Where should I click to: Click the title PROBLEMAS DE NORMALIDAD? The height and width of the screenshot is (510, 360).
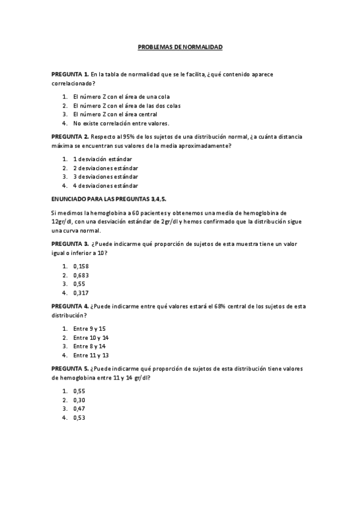180,46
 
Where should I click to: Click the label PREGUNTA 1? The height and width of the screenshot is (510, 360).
70,73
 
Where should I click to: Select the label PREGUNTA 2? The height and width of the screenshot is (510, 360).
70,137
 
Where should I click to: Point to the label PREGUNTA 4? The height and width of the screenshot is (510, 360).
70,306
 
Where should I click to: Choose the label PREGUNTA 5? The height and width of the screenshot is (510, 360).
70,369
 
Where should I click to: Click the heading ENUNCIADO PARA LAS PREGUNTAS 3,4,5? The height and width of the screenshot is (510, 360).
112,198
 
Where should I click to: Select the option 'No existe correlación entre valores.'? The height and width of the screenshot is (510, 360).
112,123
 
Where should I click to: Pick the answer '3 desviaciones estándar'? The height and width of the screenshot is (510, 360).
105,177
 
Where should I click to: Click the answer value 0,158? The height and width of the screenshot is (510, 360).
81,266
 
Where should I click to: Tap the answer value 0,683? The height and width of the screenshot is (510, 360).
81,275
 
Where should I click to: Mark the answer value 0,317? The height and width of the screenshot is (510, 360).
81,293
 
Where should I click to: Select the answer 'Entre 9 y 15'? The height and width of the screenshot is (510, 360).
89,328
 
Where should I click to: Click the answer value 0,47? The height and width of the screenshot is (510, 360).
79,409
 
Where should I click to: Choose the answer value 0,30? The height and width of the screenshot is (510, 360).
79,400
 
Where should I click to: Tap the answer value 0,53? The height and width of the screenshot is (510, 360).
79,418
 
